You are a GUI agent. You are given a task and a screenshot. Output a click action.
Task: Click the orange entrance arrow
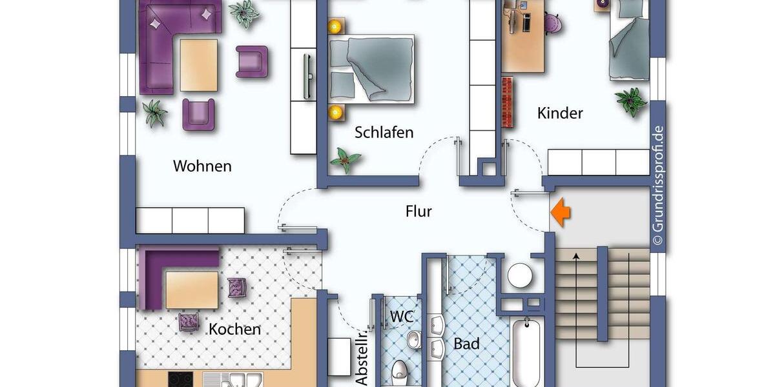(560, 213)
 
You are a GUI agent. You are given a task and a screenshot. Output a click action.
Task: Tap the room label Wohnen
(202, 166)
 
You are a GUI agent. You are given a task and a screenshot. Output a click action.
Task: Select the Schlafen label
(384, 132)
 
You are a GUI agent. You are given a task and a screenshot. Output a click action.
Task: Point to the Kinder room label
(560, 113)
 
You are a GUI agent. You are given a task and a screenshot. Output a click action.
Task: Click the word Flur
(418, 211)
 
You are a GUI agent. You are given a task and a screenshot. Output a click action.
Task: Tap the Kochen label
(234, 329)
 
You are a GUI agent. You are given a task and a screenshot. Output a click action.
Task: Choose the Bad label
(466, 344)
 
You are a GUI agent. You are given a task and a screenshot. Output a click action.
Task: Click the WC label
(401, 317)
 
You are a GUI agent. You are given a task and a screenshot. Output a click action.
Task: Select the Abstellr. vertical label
(362, 358)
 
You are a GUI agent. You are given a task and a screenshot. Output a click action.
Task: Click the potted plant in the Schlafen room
(346, 159)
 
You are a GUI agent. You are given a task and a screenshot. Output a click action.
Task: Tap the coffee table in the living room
(198, 65)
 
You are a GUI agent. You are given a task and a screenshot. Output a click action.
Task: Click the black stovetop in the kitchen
(180, 379)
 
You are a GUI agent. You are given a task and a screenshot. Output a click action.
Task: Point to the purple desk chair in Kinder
(553, 23)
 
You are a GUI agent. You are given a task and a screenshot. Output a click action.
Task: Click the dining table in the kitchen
(192, 290)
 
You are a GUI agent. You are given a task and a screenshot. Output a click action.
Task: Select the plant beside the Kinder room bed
(631, 101)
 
